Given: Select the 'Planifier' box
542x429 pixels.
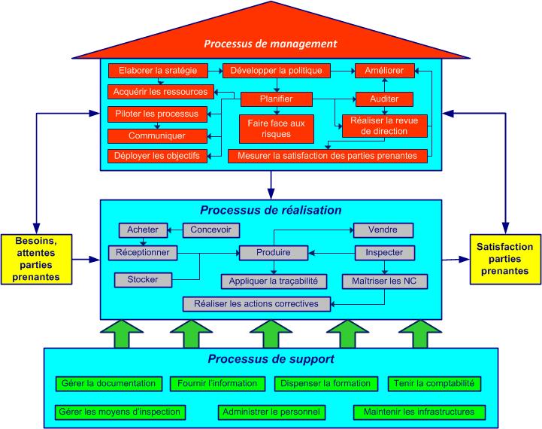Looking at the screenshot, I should point(276,99).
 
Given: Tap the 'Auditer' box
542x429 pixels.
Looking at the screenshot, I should point(383,99).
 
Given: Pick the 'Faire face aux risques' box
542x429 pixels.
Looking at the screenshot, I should point(275,128).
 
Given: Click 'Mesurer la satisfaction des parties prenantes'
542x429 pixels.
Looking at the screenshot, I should point(328,156).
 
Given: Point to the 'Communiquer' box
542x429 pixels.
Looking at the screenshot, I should point(156,136).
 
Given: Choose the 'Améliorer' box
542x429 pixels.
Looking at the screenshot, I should point(383,71).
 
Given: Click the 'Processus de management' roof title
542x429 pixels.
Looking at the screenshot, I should point(271,44).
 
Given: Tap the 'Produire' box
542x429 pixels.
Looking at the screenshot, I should point(274,252).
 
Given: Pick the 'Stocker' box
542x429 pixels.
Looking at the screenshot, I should point(143,280).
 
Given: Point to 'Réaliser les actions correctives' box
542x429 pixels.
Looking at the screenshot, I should point(256,304).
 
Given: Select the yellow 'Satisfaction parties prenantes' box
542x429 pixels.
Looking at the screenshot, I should point(504,258).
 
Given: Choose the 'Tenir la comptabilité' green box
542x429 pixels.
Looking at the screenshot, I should point(435,383).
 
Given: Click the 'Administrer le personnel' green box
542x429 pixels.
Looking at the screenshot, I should point(271,412).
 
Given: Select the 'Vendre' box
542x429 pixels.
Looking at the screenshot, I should point(383,230).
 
